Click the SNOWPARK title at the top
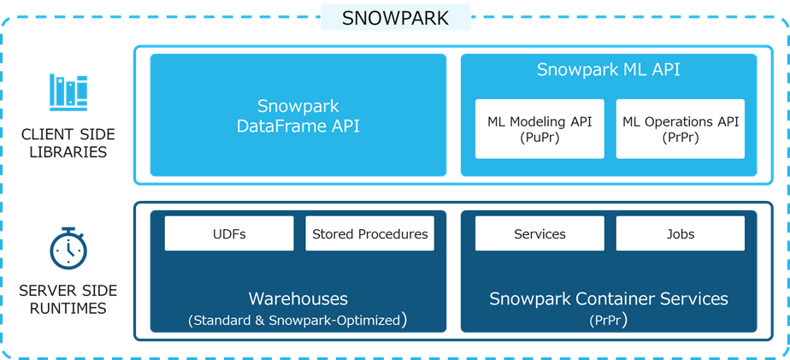pyautogui.click(x=395, y=18)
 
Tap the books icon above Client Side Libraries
pyautogui.click(x=68, y=91)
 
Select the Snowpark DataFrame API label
pyautogui.click(x=298, y=116)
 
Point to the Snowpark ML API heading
pyautogui.click(x=608, y=70)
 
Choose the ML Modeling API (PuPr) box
pyautogui.click(x=539, y=129)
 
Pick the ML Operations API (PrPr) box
pyautogui.click(x=681, y=129)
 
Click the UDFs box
pyautogui.click(x=229, y=233)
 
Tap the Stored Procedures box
pyautogui.click(x=369, y=233)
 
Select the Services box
pyautogui.click(x=539, y=233)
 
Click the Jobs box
pyautogui.click(x=681, y=233)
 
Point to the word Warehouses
pyautogui.click(x=298, y=298)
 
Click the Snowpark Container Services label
pyautogui.click(x=608, y=298)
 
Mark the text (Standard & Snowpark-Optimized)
pyautogui.click(x=298, y=321)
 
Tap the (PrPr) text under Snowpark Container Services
pyautogui.click(x=608, y=321)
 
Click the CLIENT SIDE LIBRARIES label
pyautogui.click(x=67, y=145)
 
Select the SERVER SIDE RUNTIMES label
pyautogui.click(x=67, y=299)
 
